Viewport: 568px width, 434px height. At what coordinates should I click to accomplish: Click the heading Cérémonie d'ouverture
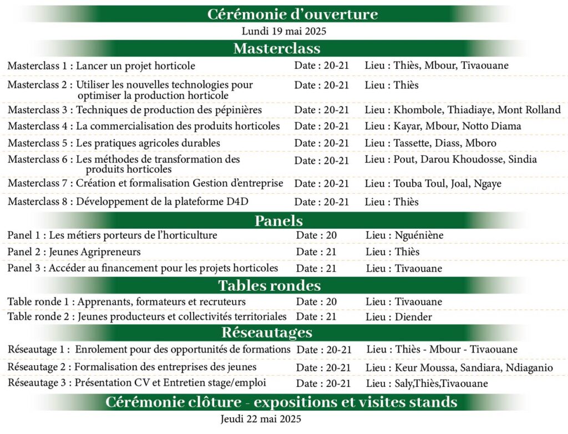click(x=292, y=14)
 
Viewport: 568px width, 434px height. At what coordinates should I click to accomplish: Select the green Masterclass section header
click(x=277, y=48)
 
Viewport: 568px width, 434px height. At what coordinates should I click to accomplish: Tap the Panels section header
click(x=278, y=221)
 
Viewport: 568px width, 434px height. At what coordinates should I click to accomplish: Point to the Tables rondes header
click(x=270, y=286)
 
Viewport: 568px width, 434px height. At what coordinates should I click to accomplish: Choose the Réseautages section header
click(x=267, y=332)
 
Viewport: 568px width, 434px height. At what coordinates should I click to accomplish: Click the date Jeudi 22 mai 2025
click(x=260, y=419)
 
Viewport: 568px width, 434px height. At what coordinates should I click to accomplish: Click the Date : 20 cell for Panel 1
click(x=316, y=235)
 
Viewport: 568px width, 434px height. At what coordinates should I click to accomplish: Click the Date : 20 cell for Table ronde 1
click(x=316, y=302)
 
